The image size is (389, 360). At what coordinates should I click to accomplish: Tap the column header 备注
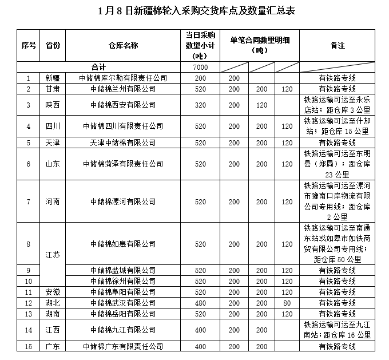(x=337, y=45)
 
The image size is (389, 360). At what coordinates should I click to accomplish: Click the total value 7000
(x=200, y=68)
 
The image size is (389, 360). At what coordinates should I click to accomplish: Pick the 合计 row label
(x=98, y=68)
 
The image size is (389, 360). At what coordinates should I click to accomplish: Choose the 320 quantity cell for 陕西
(x=200, y=105)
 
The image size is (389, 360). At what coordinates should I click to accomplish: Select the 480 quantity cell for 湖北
(x=200, y=303)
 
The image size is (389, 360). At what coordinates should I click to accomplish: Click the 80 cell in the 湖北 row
(x=287, y=303)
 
